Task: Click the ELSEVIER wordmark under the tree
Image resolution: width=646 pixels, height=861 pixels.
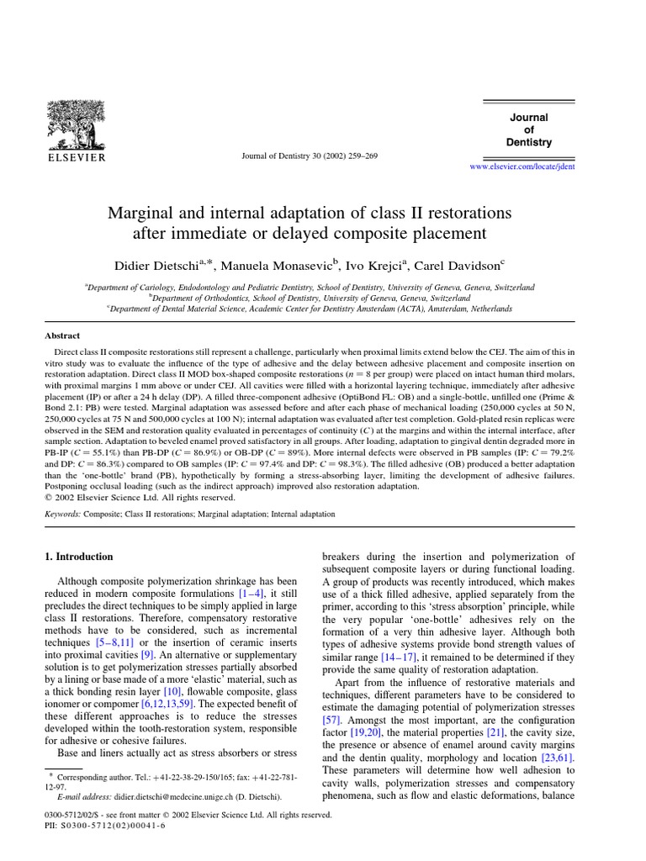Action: [x=75, y=156]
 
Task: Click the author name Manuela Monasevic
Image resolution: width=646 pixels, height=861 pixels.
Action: [x=279, y=267]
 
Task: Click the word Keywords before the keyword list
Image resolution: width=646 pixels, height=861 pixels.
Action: [x=61, y=513]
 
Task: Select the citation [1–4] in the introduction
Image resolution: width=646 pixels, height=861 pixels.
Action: [x=248, y=597]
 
